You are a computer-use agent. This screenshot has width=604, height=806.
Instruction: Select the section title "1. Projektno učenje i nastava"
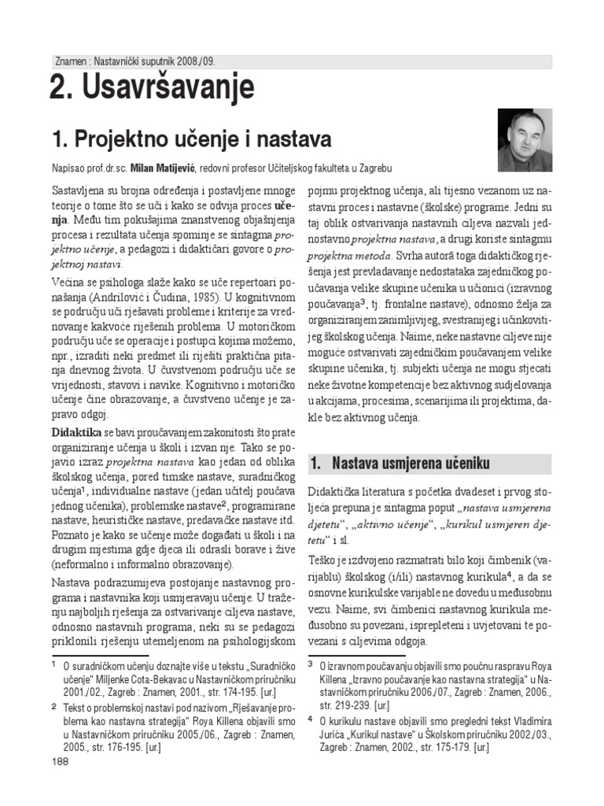[x=190, y=139]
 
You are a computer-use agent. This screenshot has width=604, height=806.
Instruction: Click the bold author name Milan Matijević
[x=164, y=168]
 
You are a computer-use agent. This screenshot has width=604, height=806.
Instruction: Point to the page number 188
[x=60, y=761]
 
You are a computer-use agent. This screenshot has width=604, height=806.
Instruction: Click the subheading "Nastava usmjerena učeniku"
[x=411, y=462]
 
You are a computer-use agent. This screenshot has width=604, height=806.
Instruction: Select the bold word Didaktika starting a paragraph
[x=76, y=433]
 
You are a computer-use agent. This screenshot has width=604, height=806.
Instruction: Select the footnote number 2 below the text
[x=53, y=707]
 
